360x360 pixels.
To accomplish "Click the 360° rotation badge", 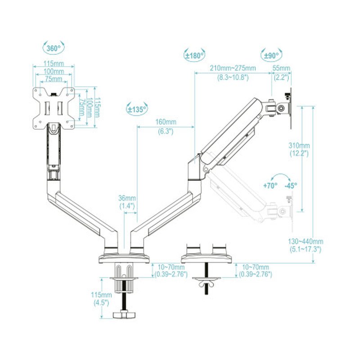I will (53, 48).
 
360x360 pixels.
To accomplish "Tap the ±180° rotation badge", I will (195, 55).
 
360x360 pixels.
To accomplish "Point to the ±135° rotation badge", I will (137, 109).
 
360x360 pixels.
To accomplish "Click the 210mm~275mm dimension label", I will (233, 68).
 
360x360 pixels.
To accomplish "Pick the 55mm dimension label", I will (282, 68).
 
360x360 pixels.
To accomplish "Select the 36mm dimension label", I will (127, 198).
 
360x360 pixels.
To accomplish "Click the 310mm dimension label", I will (299, 145).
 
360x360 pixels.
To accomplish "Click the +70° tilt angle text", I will (270, 185).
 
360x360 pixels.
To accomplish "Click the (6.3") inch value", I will (166, 131).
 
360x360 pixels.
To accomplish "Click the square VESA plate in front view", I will (54, 108).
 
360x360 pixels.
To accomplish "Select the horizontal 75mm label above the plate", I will (54, 78).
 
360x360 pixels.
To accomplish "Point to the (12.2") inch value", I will (299, 153).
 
